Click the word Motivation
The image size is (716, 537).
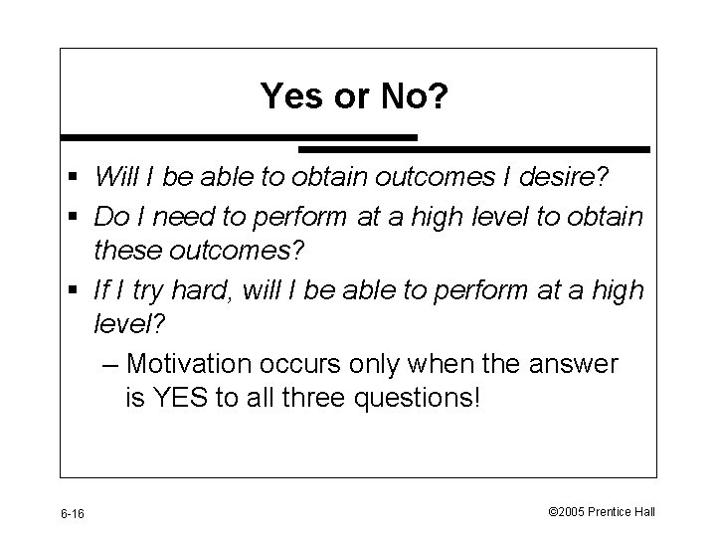click(195, 364)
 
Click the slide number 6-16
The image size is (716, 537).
click(72, 513)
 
